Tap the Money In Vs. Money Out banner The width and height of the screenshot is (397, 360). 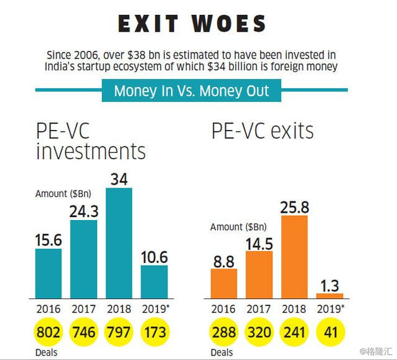[192, 91]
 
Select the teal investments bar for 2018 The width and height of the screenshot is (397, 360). [119, 242]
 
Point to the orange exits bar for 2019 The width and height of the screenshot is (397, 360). [330, 296]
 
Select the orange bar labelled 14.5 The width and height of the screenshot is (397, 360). [259, 274]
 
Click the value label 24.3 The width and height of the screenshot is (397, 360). [84, 211]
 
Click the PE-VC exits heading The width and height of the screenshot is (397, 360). [262, 131]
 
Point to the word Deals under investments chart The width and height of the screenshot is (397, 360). [46, 353]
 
